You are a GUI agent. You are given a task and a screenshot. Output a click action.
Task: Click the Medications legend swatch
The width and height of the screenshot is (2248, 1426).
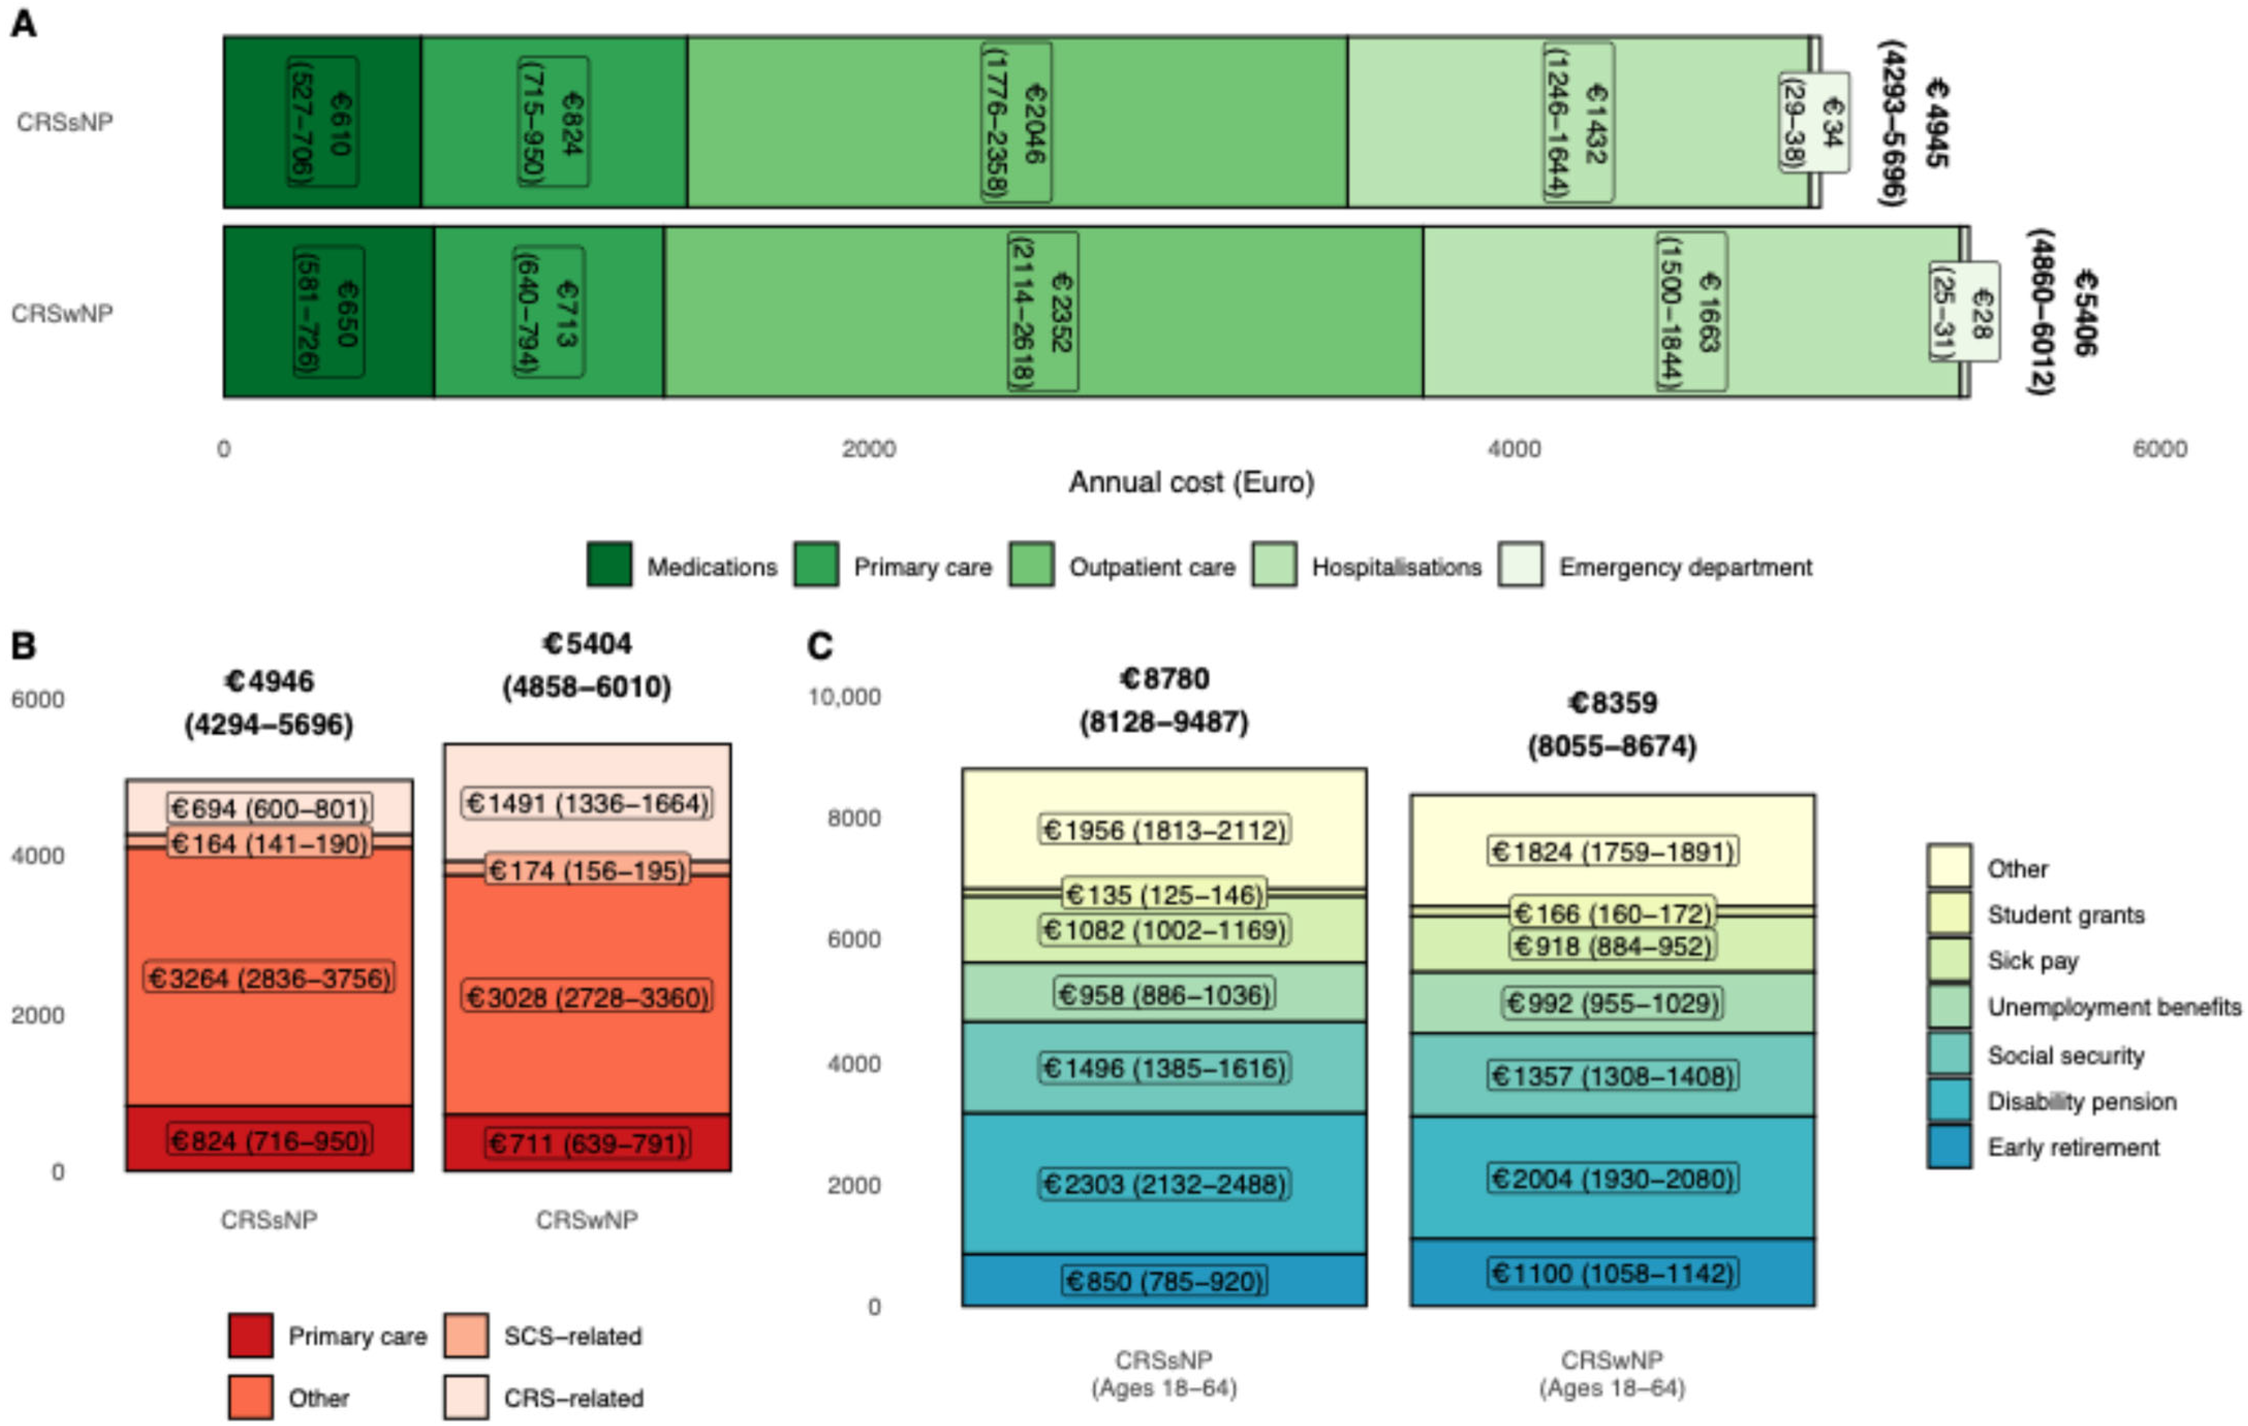pyautogui.click(x=608, y=565)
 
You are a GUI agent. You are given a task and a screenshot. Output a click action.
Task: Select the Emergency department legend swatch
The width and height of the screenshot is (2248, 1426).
pyautogui.click(x=1520, y=565)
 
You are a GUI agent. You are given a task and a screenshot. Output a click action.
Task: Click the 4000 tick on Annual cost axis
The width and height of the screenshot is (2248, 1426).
pyautogui.click(x=1513, y=449)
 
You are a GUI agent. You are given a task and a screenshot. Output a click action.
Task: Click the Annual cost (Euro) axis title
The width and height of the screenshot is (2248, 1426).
pyautogui.click(x=1191, y=483)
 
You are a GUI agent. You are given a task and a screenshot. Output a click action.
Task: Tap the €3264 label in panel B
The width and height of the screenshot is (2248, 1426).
pyautogui.click(x=269, y=978)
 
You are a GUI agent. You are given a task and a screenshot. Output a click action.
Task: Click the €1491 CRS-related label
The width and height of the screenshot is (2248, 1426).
pyautogui.click(x=587, y=803)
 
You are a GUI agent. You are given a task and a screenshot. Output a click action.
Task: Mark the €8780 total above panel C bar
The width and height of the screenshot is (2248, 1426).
pyautogui.click(x=1164, y=678)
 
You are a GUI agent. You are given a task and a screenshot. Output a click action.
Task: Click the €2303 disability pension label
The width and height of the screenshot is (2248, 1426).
pyautogui.click(x=1164, y=1184)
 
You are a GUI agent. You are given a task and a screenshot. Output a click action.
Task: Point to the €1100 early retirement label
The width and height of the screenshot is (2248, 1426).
pyautogui.click(x=1612, y=1273)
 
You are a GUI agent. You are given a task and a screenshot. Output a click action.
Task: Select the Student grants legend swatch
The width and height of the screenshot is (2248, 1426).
pyautogui.click(x=1949, y=914)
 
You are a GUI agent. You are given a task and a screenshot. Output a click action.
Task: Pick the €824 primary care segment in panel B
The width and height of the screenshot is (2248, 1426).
pyautogui.click(x=269, y=1140)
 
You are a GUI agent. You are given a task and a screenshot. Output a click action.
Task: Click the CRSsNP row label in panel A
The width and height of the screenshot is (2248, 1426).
pyautogui.click(x=65, y=122)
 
